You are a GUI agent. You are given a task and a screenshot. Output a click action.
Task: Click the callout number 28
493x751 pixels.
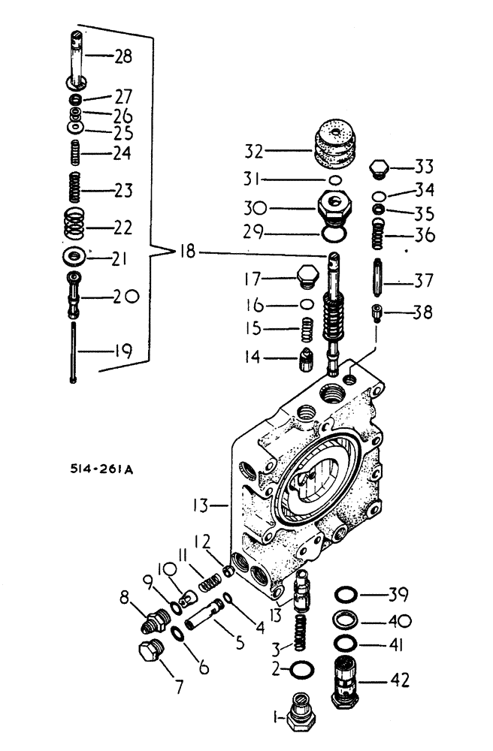coord(122,56)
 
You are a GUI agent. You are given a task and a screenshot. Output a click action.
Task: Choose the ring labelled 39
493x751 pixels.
coord(347,596)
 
